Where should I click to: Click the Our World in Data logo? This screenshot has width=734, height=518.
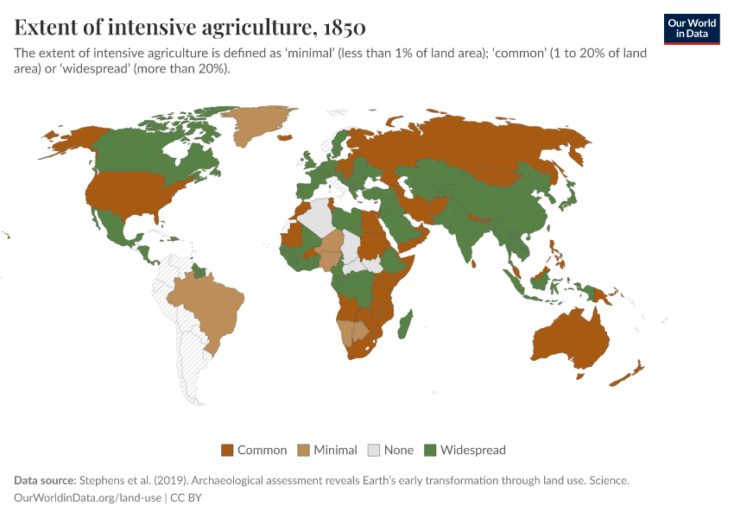pos(691,28)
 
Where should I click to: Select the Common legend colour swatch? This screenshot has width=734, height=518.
pos(228,450)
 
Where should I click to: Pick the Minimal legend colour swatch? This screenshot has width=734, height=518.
pos(304,450)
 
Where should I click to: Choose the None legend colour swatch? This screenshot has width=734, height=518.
pos(374,450)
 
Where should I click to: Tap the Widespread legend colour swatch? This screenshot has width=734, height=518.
pos(430,450)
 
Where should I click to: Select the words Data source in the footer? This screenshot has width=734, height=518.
pos(44,480)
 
